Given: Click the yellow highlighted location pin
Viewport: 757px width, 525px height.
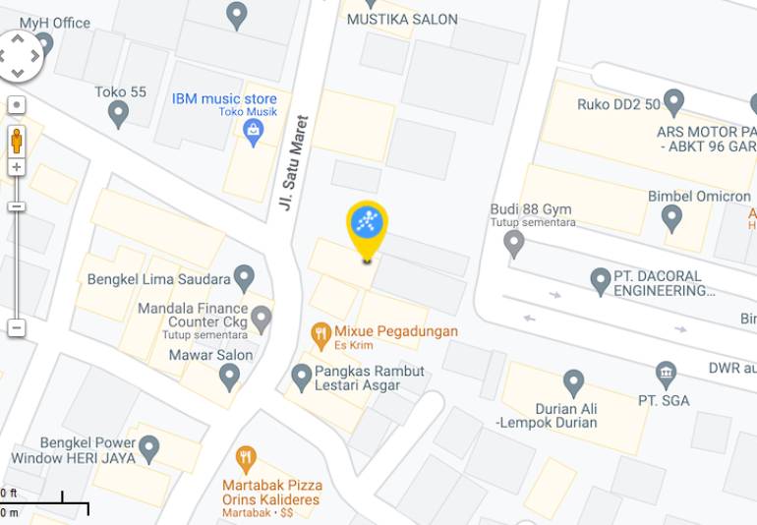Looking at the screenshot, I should (x=367, y=223).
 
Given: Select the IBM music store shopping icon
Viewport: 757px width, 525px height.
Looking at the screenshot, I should (x=254, y=132).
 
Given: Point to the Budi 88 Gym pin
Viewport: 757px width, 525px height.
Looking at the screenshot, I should (x=514, y=243).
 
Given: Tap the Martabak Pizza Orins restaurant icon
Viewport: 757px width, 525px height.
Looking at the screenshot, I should (x=246, y=458).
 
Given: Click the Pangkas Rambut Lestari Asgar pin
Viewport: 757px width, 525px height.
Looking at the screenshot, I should (x=302, y=376).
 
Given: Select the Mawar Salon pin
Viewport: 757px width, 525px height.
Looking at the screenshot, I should (x=229, y=375).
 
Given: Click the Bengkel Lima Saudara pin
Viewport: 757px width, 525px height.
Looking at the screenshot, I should (x=244, y=278).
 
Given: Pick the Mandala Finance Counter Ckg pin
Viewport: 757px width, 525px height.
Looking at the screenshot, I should (x=261, y=319).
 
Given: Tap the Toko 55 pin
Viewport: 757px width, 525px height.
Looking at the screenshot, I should (x=119, y=113).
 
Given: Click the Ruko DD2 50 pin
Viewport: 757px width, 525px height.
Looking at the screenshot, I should (x=673, y=101).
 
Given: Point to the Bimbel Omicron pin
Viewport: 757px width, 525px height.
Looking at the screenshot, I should (x=671, y=217).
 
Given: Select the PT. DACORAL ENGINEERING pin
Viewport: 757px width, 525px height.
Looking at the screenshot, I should (x=601, y=281).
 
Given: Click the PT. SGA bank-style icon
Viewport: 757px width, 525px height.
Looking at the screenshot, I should (x=667, y=375).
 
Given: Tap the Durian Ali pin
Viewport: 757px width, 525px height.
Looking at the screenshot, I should (x=574, y=383).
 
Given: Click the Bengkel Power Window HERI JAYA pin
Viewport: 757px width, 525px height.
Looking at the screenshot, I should (x=148, y=449).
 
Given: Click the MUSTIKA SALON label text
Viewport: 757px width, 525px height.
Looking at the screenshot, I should (x=402, y=19).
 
